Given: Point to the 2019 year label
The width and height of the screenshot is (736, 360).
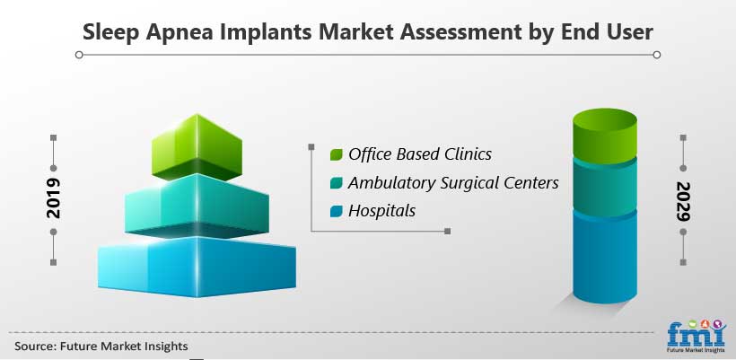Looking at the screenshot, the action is coord(54,198).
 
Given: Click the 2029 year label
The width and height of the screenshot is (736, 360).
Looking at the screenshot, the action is coord(683,201).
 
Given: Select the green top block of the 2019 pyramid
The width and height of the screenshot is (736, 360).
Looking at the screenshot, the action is coord(197,147).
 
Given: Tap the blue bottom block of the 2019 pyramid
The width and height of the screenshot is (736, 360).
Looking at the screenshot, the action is coord(197,267).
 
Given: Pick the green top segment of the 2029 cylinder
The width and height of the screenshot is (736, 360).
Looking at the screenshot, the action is coord(605,136).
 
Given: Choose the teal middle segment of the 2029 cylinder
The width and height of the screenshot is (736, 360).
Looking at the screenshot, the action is coord(605,187).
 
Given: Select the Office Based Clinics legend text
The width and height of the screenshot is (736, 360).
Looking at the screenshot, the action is coord(420,154).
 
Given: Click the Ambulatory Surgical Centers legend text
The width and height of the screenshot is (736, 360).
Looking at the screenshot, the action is coord(453,182).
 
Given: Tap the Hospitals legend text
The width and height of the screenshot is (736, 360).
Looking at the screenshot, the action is coord(381,211).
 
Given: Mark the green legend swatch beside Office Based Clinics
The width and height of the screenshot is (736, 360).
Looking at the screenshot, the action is coord(336,155).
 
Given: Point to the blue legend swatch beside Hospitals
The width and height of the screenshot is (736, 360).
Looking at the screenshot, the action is coord(336,212).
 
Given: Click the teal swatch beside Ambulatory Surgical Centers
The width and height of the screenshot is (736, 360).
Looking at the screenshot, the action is coord(336,183).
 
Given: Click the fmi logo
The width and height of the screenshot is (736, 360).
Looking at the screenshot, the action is coord(697,337).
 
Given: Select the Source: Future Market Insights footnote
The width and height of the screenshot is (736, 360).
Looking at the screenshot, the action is coord(101,347).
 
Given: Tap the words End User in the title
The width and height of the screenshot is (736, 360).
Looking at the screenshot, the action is coord(607,32).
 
